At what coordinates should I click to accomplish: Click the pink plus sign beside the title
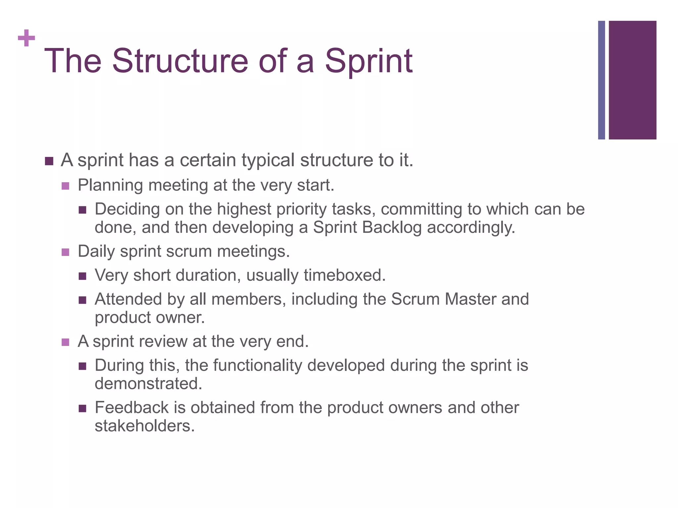[26, 38]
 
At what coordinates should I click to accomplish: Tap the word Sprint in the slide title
[368, 61]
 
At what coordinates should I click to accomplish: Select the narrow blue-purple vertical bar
[601, 80]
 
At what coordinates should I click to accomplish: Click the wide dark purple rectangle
[632, 80]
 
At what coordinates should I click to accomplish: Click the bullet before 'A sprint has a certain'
[49, 161]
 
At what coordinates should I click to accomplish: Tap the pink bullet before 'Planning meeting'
[66, 186]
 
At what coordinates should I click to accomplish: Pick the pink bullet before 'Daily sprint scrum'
[66, 252]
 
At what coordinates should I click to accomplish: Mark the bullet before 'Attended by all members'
[82, 300]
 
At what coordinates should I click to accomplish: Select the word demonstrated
[148, 384]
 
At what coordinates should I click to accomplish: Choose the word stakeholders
[144, 426]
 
